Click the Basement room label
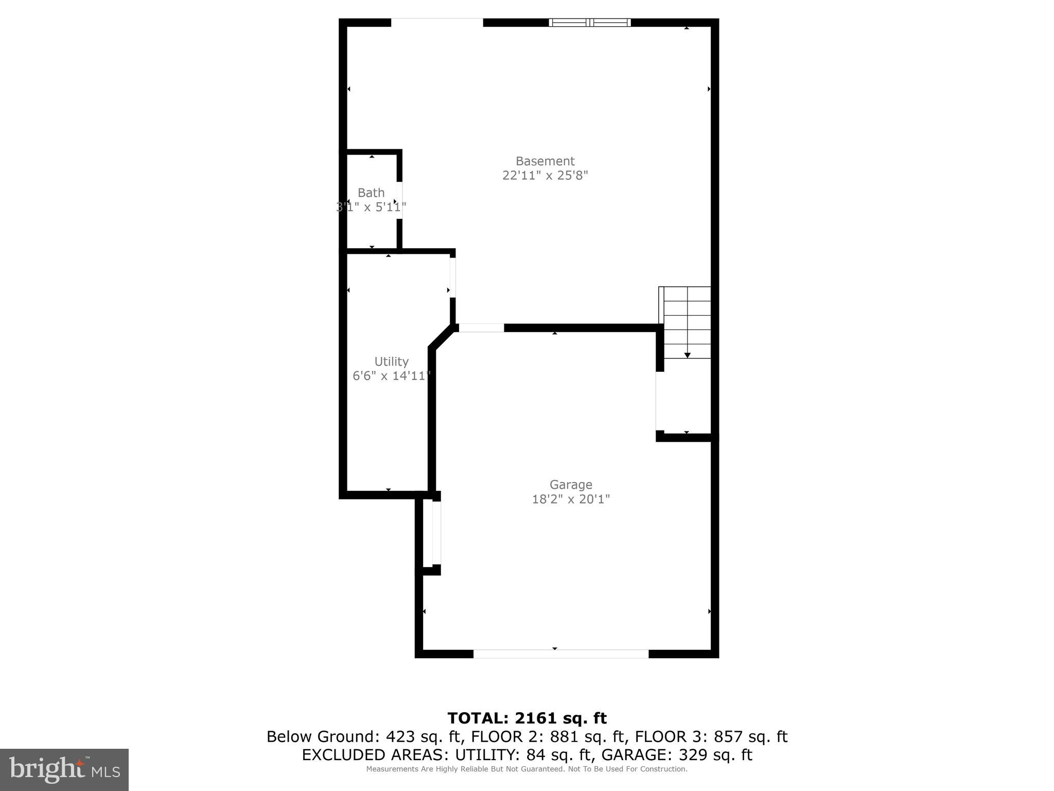click(x=545, y=161)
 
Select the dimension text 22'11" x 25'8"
click(x=545, y=176)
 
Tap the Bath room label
click(x=371, y=193)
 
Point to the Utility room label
click(x=391, y=362)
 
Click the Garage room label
click(x=571, y=485)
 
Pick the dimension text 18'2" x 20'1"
click(x=571, y=499)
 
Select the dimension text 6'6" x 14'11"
click(x=391, y=376)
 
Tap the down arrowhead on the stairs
click(x=687, y=355)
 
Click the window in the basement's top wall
click(x=590, y=22)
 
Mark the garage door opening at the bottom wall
click(x=560, y=654)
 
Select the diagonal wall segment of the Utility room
click(x=443, y=337)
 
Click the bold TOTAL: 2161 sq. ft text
click(x=527, y=718)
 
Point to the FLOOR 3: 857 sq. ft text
click(x=711, y=737)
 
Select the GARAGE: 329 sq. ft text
click(x=677, y=755)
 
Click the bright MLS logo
click(x=64, y=769)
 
